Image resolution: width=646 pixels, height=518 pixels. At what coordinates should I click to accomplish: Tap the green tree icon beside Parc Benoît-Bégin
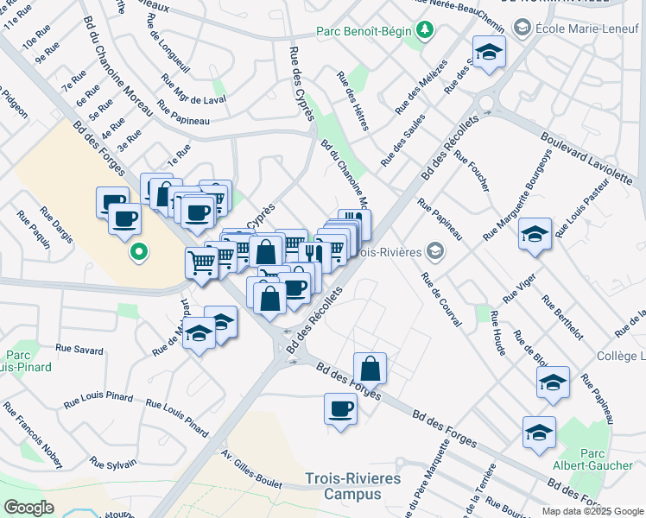pos(424,32)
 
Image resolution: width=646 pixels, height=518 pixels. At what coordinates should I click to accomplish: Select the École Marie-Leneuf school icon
pos(522,28)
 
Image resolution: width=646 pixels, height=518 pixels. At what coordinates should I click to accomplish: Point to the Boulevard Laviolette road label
pos(586,158)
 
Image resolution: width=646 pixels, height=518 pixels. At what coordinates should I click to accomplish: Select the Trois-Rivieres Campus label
pos(343,486)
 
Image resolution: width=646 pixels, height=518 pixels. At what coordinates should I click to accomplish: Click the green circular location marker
pos(137,253)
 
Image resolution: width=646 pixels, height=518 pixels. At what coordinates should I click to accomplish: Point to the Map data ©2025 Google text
pos(592,511)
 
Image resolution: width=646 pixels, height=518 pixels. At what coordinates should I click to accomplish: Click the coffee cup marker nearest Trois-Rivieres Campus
pos(340,408)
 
